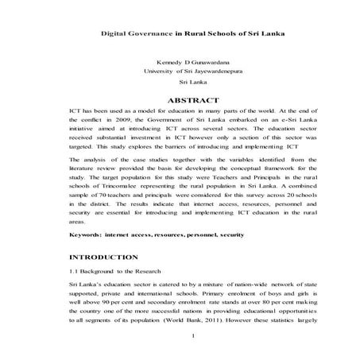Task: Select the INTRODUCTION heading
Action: (x=103, y=258)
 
